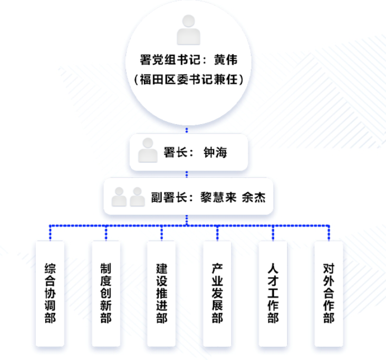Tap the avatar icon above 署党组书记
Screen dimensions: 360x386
click(x=188, y=30)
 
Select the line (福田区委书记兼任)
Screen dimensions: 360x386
click(x=188, y=80)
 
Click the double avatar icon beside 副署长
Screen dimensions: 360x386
click(x=128, y=197)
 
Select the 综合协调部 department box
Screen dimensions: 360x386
click(x=50, y=294)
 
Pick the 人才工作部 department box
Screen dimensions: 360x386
click(x=273, y=294)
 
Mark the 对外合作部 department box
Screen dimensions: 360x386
click(x=329, y=294)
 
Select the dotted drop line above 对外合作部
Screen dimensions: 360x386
click(x=329, y=233)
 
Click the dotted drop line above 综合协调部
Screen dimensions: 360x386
click(x=50, y=233)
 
